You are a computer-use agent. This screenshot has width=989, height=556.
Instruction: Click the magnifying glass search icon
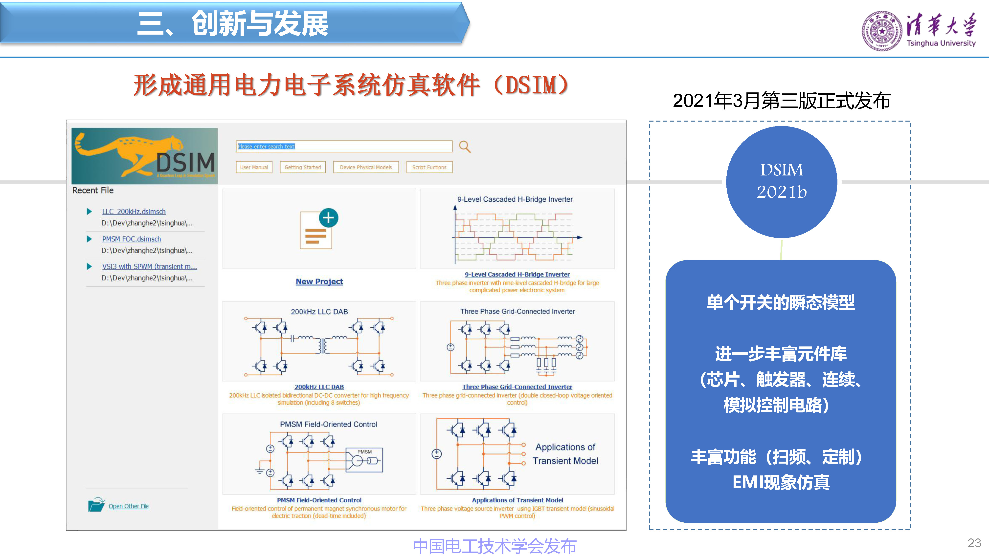click(x=465, y=147)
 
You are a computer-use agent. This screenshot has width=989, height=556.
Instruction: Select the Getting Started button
click(x=303, y=167)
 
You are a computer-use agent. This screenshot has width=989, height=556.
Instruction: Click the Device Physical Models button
click(x=365, y=167)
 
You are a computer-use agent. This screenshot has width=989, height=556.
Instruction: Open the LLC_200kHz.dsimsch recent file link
click(x=134, y=212)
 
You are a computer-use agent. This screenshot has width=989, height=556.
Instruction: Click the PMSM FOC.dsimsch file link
click(x=131, y=239)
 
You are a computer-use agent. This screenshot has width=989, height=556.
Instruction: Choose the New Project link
click(x=319, y=281)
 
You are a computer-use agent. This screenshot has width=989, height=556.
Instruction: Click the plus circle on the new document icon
click(x=328, y=218)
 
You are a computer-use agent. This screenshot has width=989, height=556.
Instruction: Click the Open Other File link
click(x=128, y=506)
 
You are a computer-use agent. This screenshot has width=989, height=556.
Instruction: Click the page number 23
click(x=974, y=543)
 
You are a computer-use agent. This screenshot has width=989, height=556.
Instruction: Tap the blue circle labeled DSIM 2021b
click(x=781, y=181)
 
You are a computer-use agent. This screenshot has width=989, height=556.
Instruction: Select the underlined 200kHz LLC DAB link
click(x=319, y=387)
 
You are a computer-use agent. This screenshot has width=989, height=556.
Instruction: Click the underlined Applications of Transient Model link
click(x=517, y=500)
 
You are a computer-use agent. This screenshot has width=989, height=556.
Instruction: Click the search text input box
click(x=344, y=147)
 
